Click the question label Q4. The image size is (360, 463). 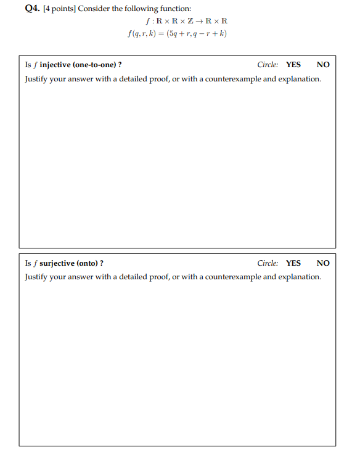pyautogui.click(x=33, y=9)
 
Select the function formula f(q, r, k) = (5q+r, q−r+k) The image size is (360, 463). pyautogui.click(x=176, y=33)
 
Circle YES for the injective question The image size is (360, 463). pyautogui.click(x=293, y=65)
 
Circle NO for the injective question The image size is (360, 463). pyautogui.click(x=323, y=65)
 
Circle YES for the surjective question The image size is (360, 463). pyautogui.click(x=293, y=263)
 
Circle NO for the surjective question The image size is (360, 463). pyautogui.click(x=323, y=263)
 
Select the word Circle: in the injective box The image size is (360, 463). pyautogui.click(x=268, y=65)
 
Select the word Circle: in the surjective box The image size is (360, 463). pyautogui.click(x=268, y=263)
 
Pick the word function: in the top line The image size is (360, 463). pyautogui.click(x=176, y=9)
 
